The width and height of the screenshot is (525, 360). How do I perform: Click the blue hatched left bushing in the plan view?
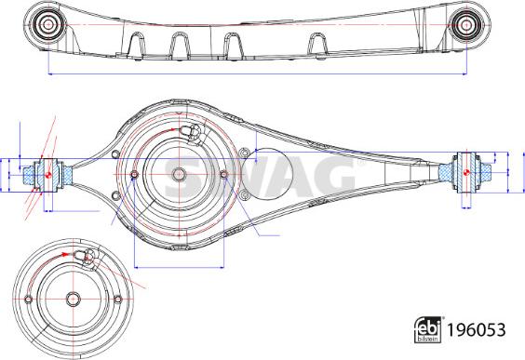[x=44, y=173]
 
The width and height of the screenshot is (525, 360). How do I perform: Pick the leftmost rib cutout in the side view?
[x=138, y=43]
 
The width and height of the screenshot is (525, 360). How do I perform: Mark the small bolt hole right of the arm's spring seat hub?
[x=222, y=173]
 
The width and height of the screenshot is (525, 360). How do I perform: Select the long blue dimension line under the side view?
[x=252, y=73]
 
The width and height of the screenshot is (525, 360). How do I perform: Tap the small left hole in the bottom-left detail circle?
[x=29, y=300]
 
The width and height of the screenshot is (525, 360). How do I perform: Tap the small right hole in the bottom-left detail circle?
[x=118, y=299]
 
